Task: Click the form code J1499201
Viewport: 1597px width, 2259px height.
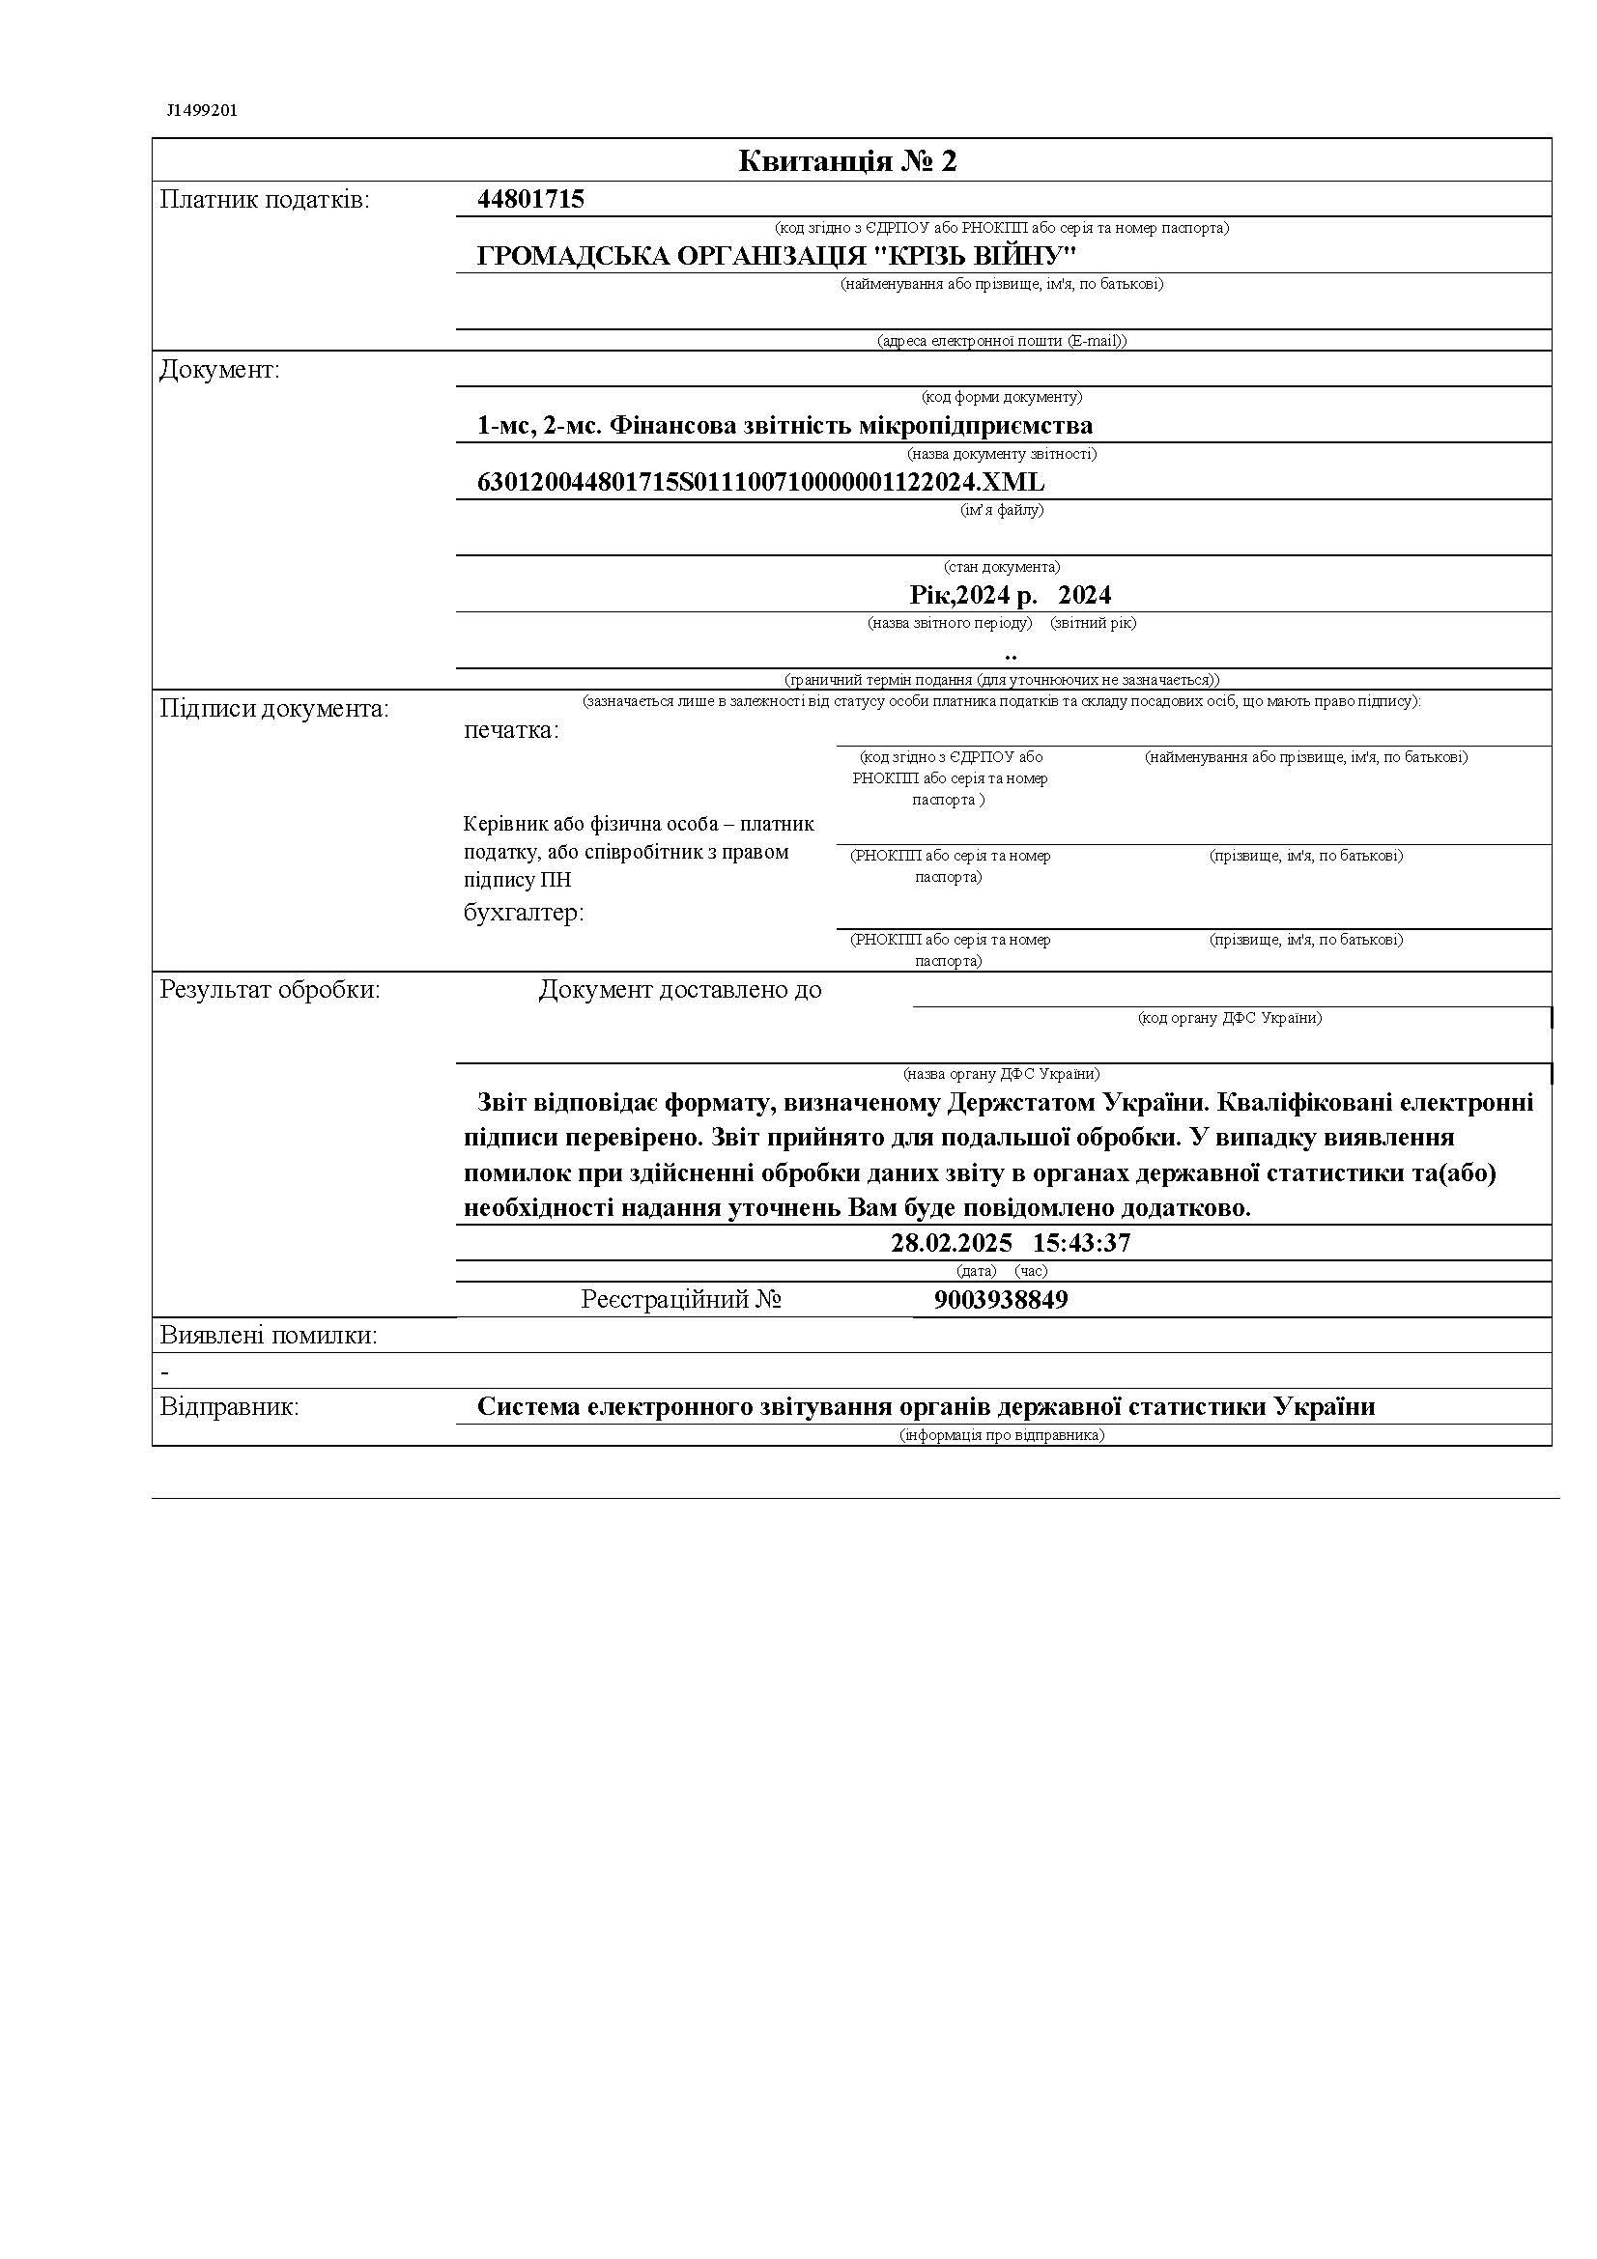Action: click(202, 110)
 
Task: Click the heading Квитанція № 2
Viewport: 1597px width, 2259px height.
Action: click(847, 161)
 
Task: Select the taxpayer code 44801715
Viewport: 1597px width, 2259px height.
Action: click(530, 200)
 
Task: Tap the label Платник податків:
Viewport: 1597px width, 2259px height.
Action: click(265, 201)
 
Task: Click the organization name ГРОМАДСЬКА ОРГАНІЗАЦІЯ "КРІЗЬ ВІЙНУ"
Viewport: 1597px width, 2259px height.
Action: click(777, 257)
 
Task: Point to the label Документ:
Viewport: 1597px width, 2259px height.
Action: click(219, 371)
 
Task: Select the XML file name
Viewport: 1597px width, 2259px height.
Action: click(760, 482)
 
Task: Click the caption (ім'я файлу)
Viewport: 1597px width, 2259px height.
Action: click(1002, 510)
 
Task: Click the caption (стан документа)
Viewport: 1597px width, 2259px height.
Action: click(1002, 567)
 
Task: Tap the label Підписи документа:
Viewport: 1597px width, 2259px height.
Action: click(274, 710)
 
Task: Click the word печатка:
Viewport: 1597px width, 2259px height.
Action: click(511, 731)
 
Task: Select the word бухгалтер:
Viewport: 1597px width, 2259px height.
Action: click(524, 913)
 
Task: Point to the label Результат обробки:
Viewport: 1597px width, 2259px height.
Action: click(270, 990)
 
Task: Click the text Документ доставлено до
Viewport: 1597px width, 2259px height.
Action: click(680, 990)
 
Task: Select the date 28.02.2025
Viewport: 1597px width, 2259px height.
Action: click(951, 1243)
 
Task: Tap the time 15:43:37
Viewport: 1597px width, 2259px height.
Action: click(1081, 1243)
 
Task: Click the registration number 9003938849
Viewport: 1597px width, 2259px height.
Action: click(1001, 1300)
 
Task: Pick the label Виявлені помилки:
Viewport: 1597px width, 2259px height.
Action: click(269, 1336)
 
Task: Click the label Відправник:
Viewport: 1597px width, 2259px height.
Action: click(229, 1407)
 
